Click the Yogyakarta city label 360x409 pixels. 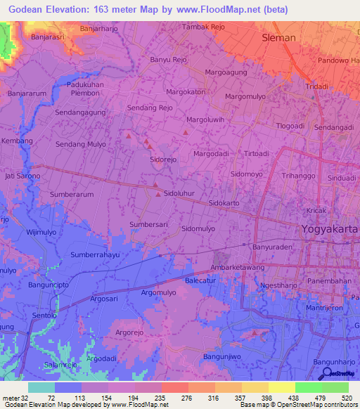click(329, 229)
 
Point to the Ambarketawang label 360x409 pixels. click(238, 268)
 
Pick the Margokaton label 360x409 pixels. click(186, 92)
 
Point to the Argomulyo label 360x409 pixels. click(158, 292)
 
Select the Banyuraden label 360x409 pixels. click(271, 247)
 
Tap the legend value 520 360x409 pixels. click(346, 397)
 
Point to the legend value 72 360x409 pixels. click(51, 397)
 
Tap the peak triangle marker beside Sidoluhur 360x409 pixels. click(156, 186)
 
